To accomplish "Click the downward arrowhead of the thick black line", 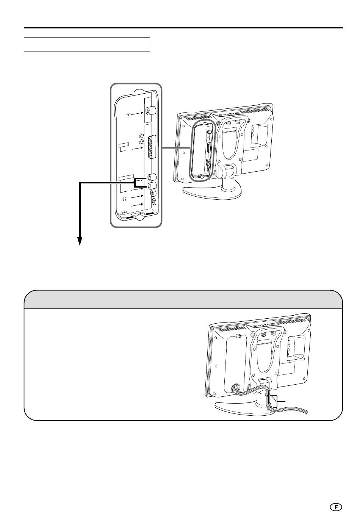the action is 80,241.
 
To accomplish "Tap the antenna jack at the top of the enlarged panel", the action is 150,111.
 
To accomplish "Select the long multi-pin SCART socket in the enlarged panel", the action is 152,147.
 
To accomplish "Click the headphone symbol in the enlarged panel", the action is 125,199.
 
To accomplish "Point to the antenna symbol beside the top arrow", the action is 128,114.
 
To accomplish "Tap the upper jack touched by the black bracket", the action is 152,177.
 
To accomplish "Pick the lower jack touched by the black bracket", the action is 152,185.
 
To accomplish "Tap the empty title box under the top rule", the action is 87,44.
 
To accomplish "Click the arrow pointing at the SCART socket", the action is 138,149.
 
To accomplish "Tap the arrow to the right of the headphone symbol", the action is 137,197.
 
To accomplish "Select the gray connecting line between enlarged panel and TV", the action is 176,147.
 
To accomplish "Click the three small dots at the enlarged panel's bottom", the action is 124,213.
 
